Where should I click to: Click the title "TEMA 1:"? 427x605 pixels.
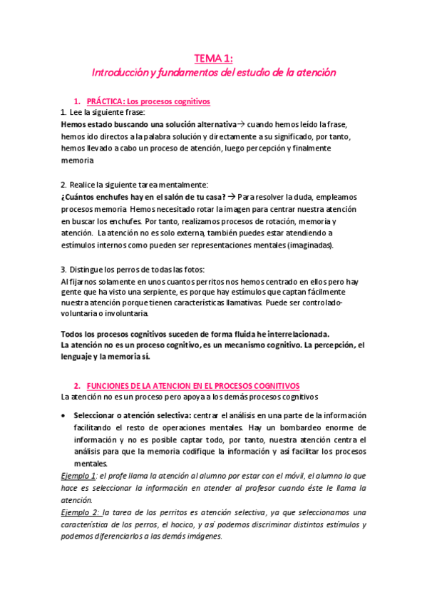[x=213, y=58]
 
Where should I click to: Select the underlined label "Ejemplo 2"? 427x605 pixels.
[x=81, y=513]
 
